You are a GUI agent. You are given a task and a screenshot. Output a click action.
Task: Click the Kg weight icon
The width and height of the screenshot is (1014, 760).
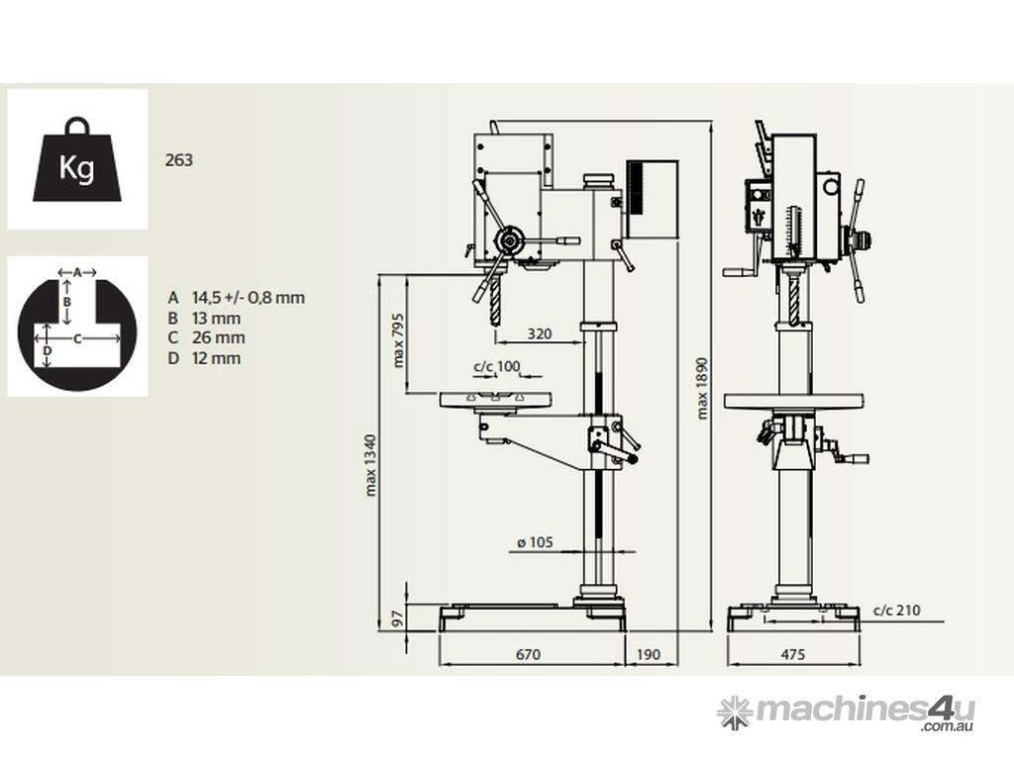77,160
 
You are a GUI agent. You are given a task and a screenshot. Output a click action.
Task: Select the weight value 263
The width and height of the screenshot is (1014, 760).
180,160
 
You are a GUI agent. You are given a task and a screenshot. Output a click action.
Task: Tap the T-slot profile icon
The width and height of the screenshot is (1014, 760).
77,326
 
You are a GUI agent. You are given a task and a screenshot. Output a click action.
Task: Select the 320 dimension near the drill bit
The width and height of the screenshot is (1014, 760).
540,333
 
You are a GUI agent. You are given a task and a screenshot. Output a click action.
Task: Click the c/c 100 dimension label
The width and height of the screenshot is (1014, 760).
496,367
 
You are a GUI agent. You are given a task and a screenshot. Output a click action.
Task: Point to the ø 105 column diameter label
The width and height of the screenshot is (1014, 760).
535,541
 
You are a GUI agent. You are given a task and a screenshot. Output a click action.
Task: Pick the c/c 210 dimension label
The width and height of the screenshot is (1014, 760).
896,610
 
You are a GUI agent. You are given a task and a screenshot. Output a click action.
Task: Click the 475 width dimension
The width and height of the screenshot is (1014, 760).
792,654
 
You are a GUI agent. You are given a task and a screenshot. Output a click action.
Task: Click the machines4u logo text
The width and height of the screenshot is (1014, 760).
863,710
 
